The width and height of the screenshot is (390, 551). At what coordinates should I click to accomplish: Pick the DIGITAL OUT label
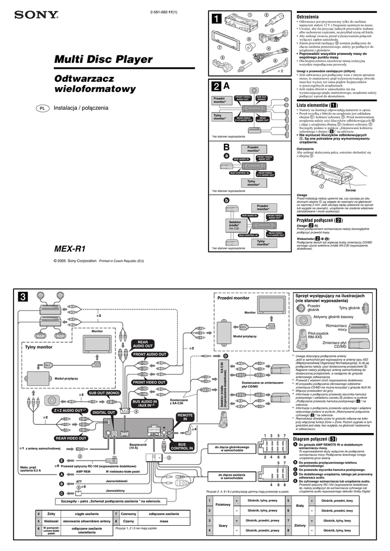103,412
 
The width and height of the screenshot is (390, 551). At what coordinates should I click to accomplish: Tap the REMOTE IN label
185,418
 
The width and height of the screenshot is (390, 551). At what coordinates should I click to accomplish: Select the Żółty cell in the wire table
52,515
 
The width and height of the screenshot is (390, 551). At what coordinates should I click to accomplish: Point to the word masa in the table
164,521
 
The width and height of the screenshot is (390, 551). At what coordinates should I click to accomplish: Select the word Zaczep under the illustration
351,190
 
